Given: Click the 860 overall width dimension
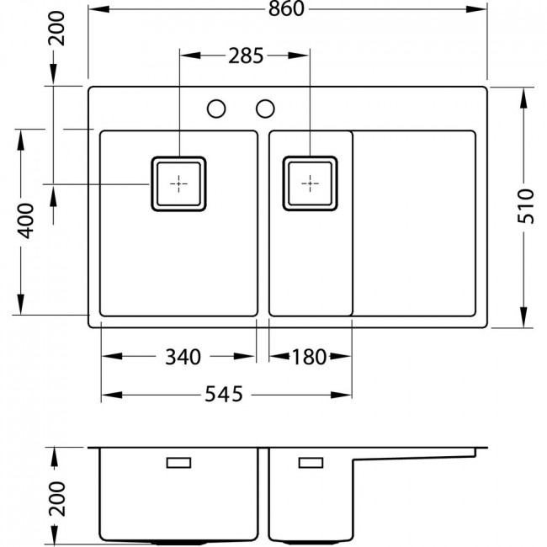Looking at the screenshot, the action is coord(286,9).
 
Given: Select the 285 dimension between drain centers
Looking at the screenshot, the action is coord(246,56).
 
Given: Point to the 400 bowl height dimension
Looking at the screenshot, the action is coord(27,220).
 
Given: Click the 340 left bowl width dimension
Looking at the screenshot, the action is coord(183,357).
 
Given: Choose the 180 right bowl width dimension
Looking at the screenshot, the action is coord(310,357).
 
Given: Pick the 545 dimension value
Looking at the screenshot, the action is coord(224,395).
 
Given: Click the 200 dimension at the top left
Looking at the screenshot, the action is coord(56,29).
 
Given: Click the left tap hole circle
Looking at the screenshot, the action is coord(216,109).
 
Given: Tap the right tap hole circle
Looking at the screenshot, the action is coord(265,109).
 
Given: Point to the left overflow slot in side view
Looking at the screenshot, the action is coord(178,463).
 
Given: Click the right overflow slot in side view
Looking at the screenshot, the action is coord(311,463).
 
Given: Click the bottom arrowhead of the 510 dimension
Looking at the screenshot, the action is coord(523,317).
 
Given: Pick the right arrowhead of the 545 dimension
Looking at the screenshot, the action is coord(341,395).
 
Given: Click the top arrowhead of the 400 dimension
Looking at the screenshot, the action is coord(21,141).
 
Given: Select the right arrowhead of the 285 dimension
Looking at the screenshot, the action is coord(299,56).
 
